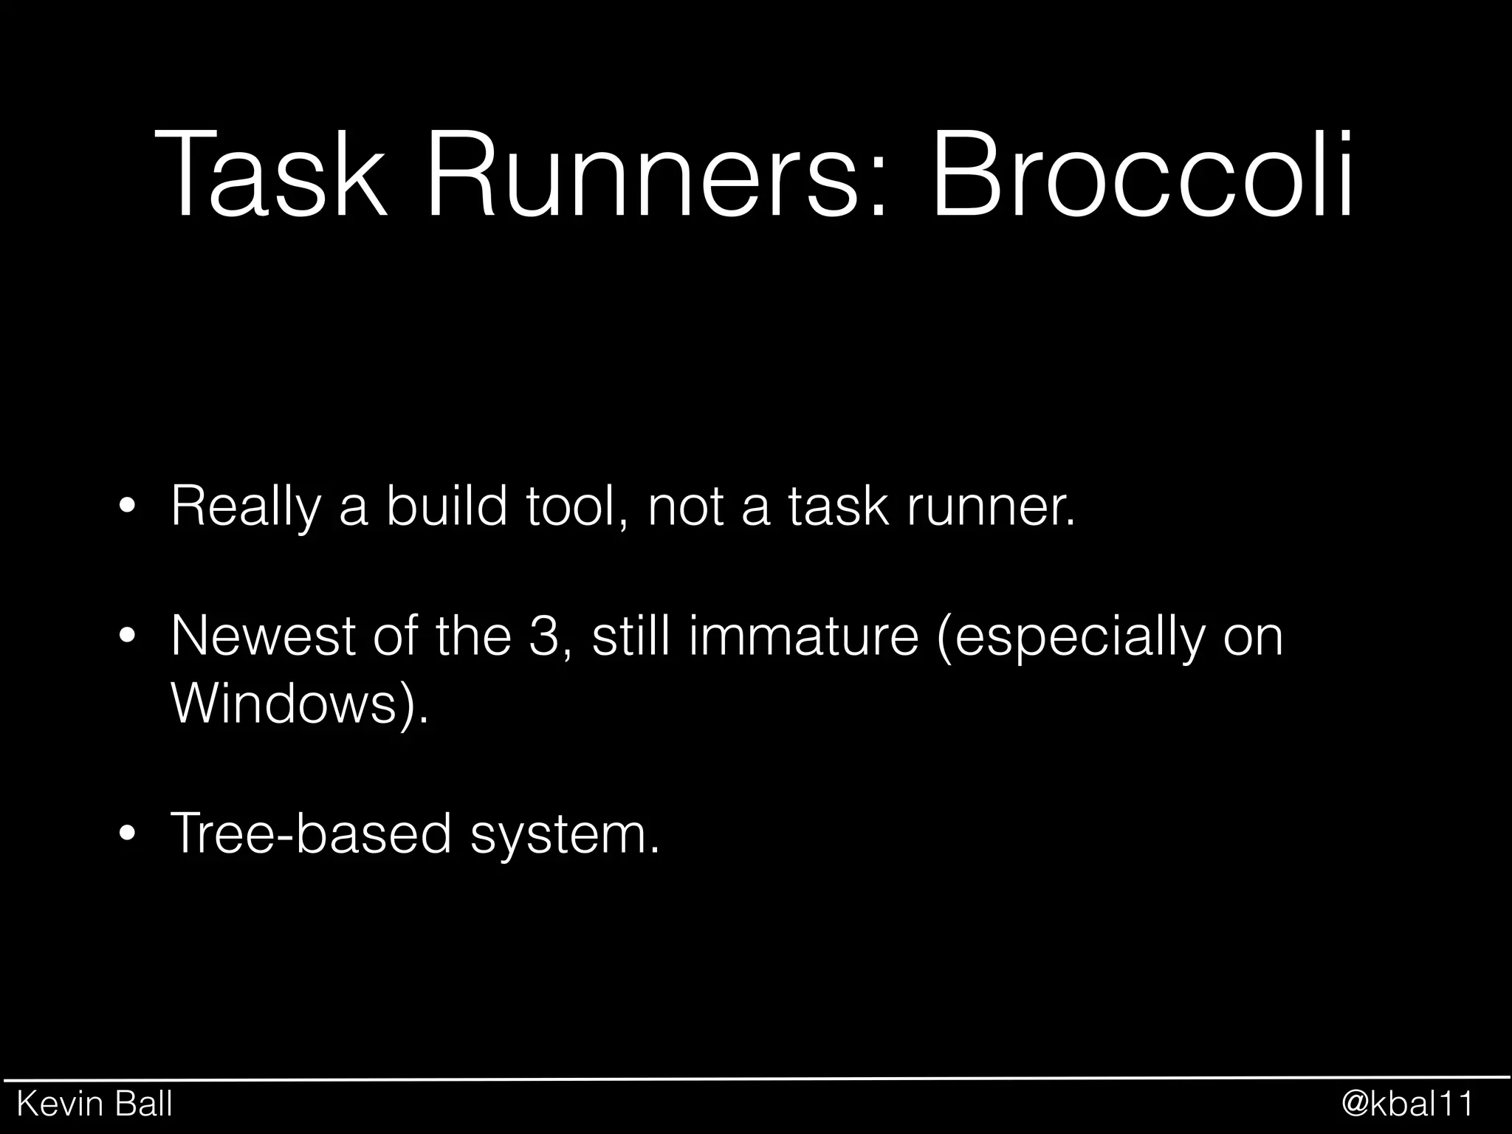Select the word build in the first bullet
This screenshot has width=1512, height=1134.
point(447,506)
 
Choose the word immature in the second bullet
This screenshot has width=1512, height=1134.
point(805,636)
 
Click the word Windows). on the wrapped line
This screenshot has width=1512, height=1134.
point(299,704)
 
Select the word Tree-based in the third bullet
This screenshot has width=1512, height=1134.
point(311,834)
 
